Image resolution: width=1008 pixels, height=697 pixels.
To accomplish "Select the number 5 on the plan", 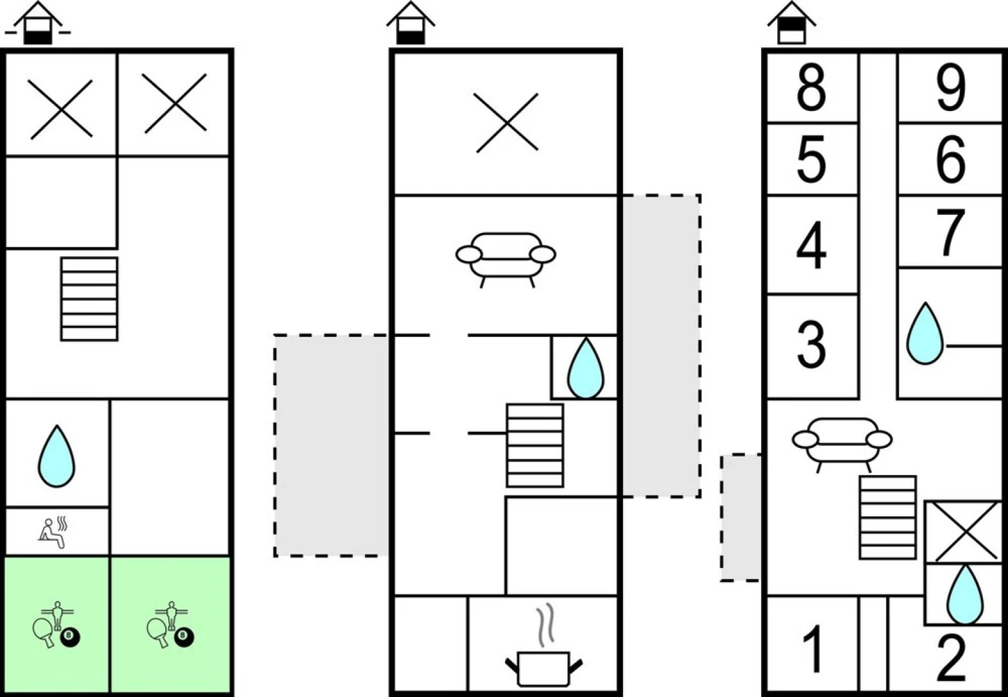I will (x=811, y=159).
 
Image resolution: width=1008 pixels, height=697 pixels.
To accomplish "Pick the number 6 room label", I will (x=951, y=159).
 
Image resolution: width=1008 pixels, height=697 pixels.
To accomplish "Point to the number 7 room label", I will (x=951, y=231).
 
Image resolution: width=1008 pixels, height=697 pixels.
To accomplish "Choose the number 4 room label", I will (x=811, y=245).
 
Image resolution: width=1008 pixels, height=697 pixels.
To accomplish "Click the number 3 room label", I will (x=811, y=345).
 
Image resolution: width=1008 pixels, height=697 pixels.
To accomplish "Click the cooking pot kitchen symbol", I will (x=544, y=665).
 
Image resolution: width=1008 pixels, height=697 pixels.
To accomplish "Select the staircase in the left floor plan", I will (x=89, y=299).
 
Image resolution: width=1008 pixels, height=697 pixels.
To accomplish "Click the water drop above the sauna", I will (x=57, y=456).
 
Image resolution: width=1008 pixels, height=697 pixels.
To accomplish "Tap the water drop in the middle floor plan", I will (x=585, y=368).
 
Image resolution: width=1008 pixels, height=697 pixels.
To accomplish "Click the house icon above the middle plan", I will (x=411, y=25).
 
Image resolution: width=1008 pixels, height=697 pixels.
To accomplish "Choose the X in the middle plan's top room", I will (x=506, y=123).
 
